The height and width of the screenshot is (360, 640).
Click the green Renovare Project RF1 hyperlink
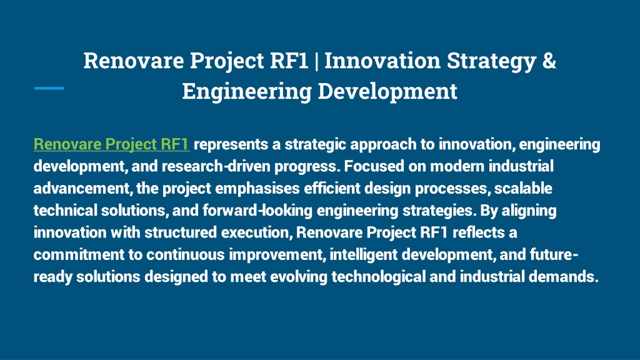tap(111, 144)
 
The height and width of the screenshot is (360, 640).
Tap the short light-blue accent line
tap(49, 87)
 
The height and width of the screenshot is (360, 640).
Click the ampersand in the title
tap(549, 61)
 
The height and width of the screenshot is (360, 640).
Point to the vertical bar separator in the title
tap(316, 61)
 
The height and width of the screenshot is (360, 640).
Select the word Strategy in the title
tap(491, 61)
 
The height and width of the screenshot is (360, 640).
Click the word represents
tap(231, 144)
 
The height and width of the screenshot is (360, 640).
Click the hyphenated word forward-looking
tap(257, 210)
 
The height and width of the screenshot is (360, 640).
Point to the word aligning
tap(529, 211)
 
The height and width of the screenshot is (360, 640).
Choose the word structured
tap(181, 232)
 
